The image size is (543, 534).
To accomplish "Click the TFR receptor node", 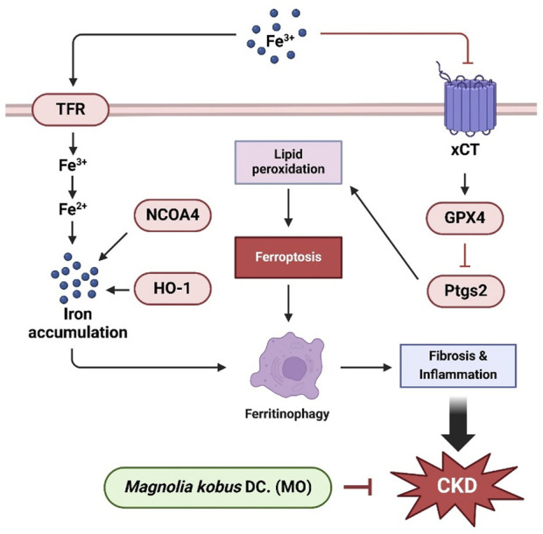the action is coord(71,109).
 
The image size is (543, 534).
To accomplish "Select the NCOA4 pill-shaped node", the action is coord(173,215).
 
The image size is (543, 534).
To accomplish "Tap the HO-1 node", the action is coord(173,289).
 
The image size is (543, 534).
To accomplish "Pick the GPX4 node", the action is coord(465,218).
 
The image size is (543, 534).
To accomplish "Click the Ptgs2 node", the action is coord(465,291).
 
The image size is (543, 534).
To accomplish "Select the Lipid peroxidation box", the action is coord(288,162).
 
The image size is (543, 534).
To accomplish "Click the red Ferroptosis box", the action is coord(288,257).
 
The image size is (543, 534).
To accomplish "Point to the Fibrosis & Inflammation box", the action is coord(458,366).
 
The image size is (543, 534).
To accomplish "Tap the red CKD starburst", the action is coord(457,486).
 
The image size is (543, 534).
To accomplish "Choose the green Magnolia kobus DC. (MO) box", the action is coord(218,488).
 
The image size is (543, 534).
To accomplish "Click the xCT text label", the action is coord(465,150).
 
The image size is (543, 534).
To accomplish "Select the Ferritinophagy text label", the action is coord(287,414).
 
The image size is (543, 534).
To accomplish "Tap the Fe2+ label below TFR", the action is coord(73,208).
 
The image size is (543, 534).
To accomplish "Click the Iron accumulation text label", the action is coord(78,323).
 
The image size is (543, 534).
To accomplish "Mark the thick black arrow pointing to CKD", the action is coord(458,424).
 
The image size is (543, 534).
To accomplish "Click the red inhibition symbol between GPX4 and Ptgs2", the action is coord(464,255).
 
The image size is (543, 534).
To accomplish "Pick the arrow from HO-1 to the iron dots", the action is coord(117,290).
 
